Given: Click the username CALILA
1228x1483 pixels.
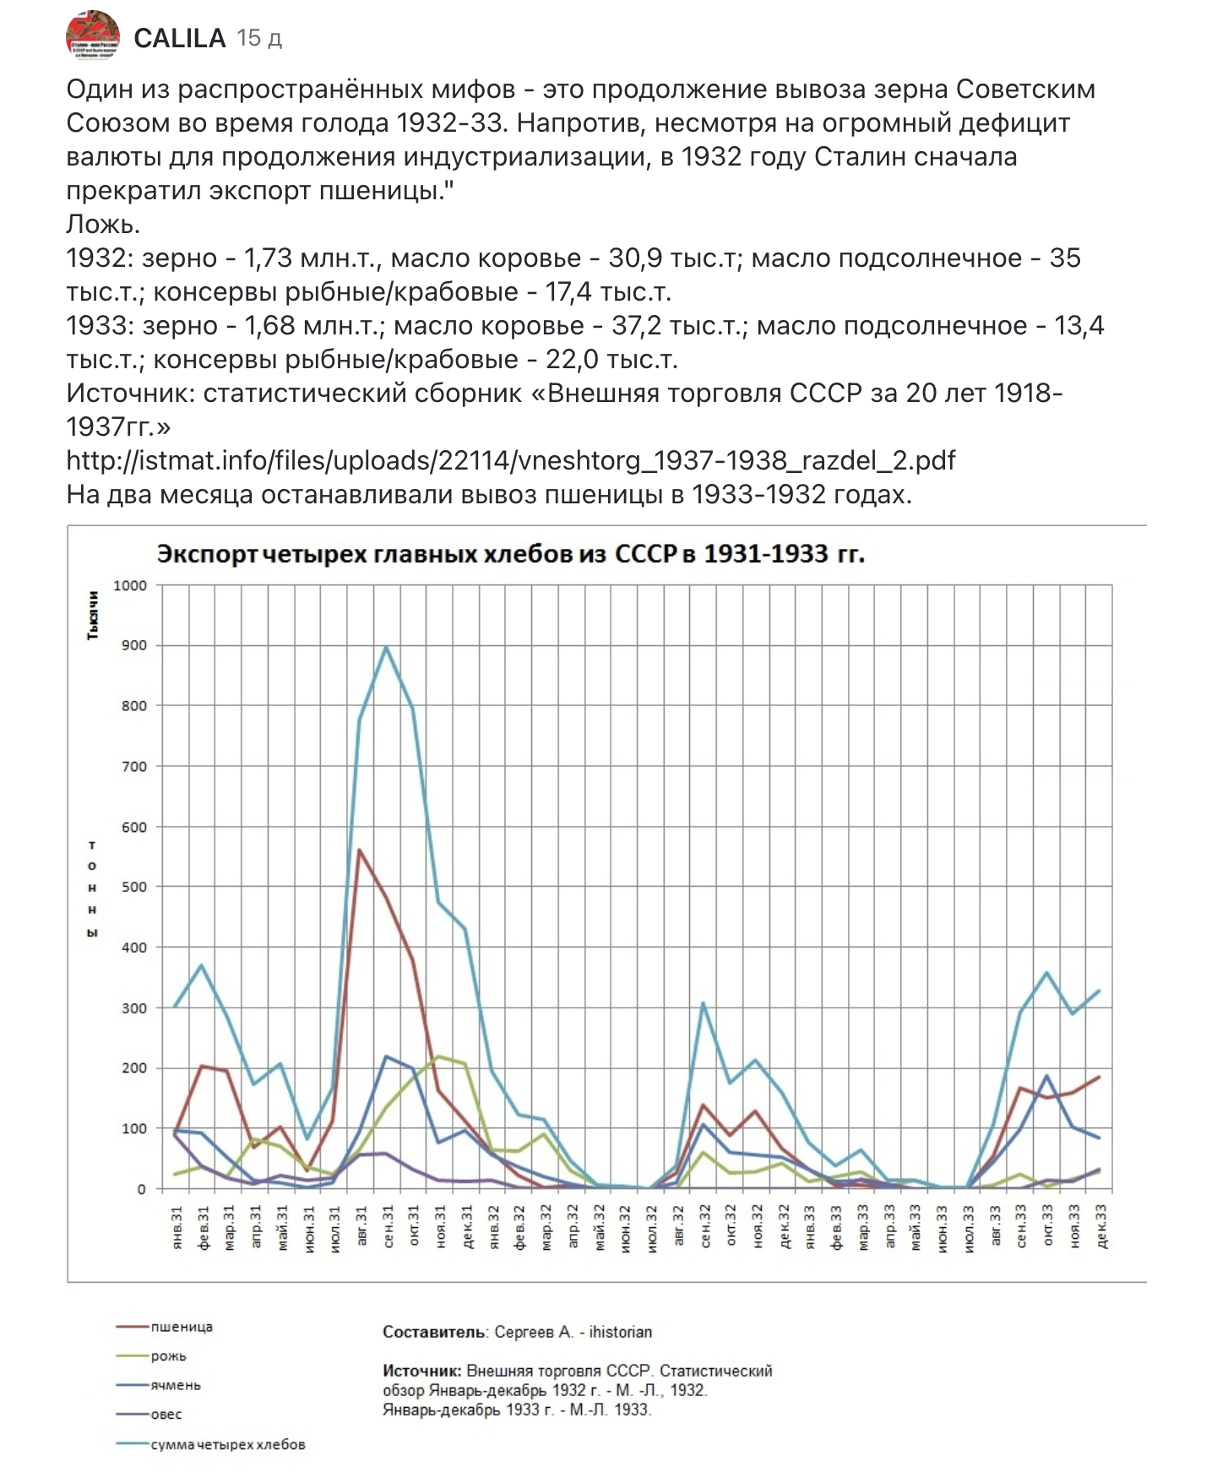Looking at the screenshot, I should click(x=179, y=38).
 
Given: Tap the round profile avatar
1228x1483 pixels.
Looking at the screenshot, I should click(x=93, y=35).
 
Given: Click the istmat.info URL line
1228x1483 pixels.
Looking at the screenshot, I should click(x=510, y=460).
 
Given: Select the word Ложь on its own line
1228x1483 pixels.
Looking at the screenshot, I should click(x=102, y=224).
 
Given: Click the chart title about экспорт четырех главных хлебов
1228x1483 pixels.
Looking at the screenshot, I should click(x=511, y=554).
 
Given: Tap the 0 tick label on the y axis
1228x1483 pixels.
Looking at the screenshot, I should click(x=141, y=1189).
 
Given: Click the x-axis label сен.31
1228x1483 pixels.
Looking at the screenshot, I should click(x=389, y=1227).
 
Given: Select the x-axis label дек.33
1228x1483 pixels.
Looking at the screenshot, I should click(x=1101, y=1227).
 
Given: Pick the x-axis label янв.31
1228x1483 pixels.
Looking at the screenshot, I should click(x=177, y=1227).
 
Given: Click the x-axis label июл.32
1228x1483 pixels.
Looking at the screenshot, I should click(x=652, y=1227).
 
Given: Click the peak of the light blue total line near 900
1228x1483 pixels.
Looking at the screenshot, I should click(x=387, y=648).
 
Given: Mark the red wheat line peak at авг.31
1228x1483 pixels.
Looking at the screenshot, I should click(x=360, y=850).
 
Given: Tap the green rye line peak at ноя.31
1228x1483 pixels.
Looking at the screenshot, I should click(x=439, y=1057).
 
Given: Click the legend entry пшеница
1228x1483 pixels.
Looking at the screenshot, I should click(x=182, y=1327).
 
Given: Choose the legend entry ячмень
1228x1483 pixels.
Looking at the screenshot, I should click(x=176, y=1385).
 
